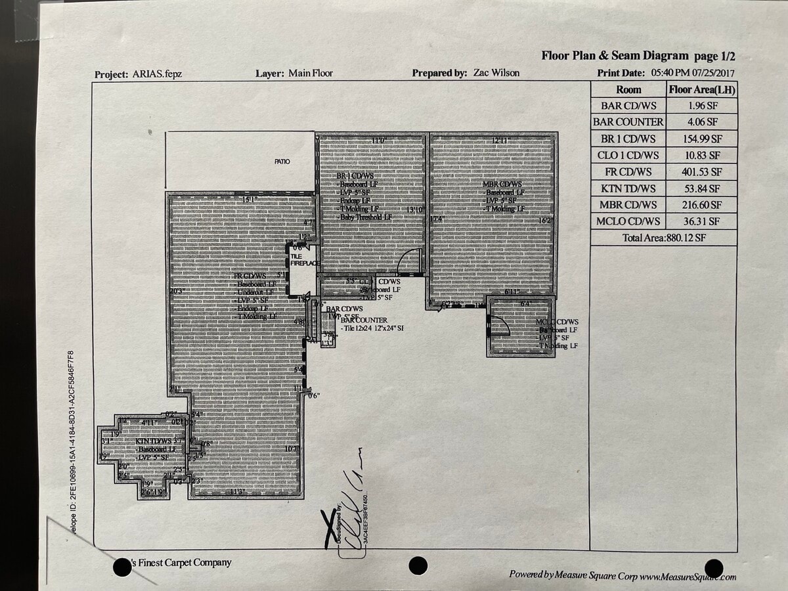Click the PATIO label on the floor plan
coord(282,162)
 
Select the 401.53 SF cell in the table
coord(701,172)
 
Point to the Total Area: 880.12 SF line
coord(663,238)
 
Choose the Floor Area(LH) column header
coord(701,90)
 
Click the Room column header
coord(628,90)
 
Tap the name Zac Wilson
coord(496,73)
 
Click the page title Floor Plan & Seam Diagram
coord(615,56)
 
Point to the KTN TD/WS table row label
coord(628,189)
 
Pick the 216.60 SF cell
coord(701,206)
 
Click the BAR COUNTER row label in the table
coord(628,122)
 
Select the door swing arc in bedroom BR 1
coord(409,261)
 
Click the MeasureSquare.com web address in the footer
coord(688,576)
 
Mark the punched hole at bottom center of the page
coord(418,565)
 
